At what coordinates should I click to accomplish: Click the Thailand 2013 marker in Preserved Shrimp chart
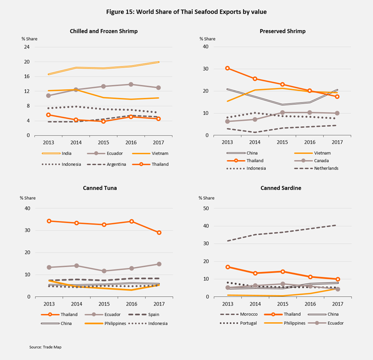(x=228, y=68)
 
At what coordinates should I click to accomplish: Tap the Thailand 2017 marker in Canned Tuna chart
(x=159, y=232)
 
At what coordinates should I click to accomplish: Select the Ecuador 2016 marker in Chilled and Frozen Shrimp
(x=131, y=84)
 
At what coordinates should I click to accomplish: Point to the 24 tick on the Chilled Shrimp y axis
(x=26, y=47)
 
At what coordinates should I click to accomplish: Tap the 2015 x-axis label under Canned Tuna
(x=104, y=305)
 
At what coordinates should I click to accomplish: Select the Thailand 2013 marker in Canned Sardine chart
(x=228, y=267)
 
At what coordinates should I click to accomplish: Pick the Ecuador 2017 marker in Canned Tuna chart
(x=159, y=264)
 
